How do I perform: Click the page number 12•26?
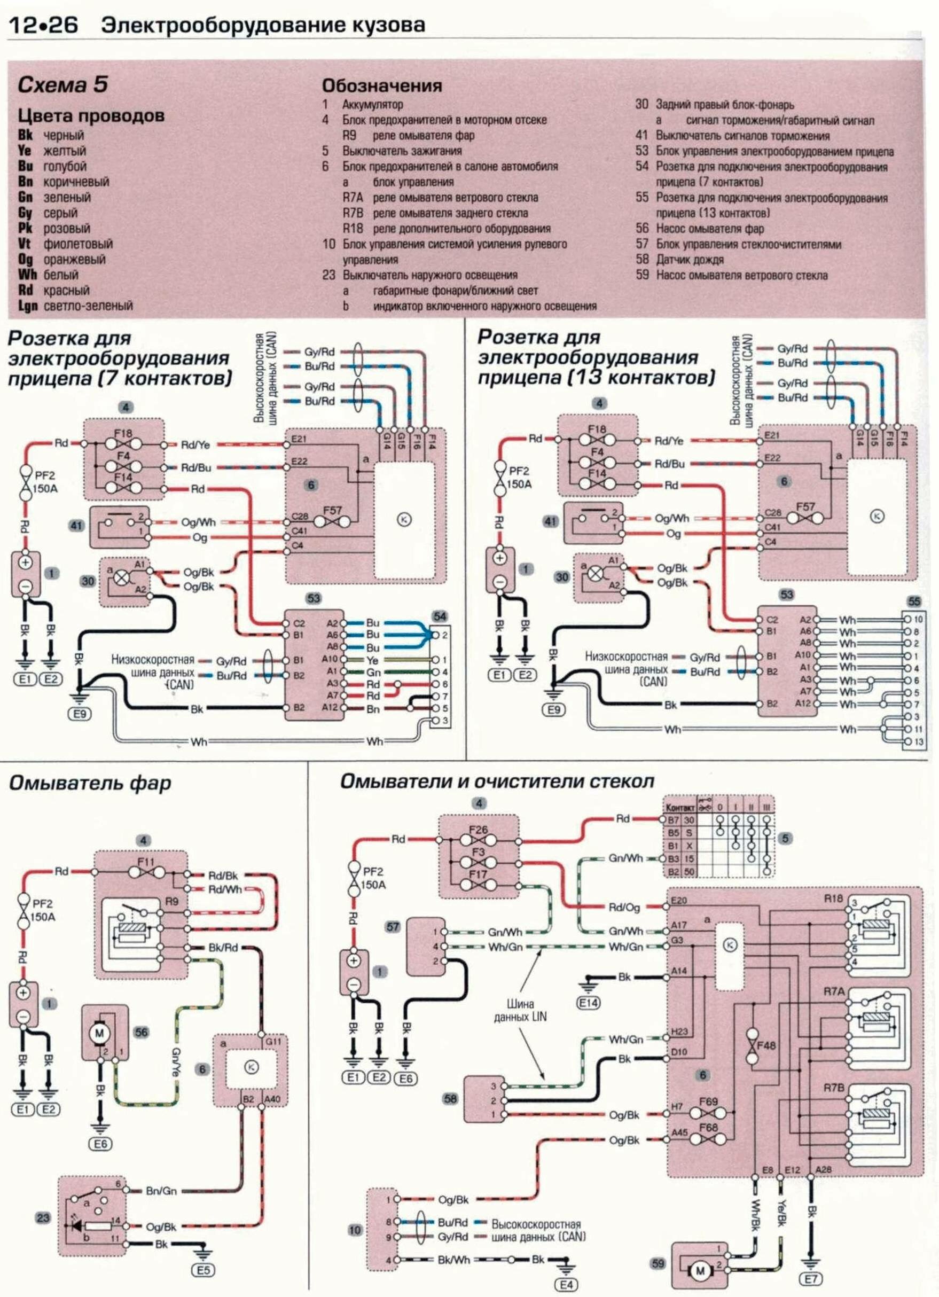(x=43, y=26)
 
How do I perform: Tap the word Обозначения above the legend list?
(x=381, y=86)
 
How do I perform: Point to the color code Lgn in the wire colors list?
(x=27, y=306)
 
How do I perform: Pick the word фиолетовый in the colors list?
(x=78, y=244)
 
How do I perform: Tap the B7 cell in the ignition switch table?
(x=673, y=820)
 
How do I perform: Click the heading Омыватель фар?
(x=90, y=783)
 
